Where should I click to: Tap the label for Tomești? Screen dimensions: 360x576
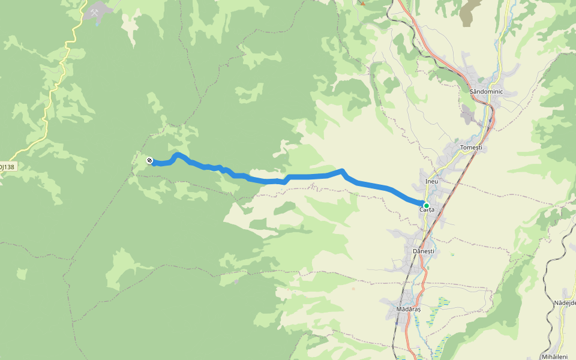(x=470, y=147)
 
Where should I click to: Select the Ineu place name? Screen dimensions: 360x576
(x=431, y=181)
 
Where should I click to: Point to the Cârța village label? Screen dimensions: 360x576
(x=427, y=209)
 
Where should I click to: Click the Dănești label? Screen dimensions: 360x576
(x=423, y=250)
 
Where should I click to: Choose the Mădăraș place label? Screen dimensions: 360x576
(x=409, y=309)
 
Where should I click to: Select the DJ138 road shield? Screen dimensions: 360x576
(x=7, y=166)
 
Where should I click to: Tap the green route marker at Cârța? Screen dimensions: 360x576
(x=426, y=205)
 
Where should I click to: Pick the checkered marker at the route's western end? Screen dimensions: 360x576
(x=149, y=160)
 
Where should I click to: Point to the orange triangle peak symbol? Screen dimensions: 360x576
(x=362, y=3)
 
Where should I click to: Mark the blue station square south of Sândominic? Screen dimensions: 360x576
(x=490, y=119)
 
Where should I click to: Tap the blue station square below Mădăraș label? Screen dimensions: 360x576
(x=396, y=322)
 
